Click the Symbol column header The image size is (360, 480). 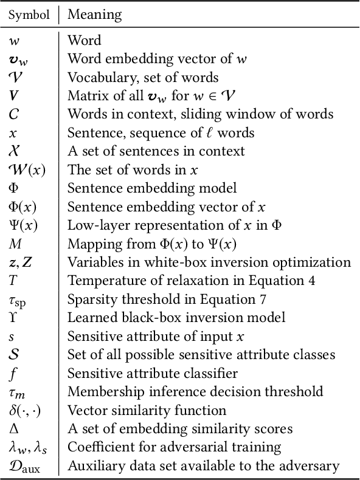point(29,14)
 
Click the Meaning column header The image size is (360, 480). point(94,14)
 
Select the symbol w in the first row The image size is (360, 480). point(13,41)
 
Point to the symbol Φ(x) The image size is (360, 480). point(22,207)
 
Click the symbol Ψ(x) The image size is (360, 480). point(22,225)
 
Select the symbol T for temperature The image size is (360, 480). point(13,280)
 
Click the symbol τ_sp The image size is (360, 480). point(18,300)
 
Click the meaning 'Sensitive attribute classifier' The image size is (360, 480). point(152,373)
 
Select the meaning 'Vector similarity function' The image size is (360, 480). point(147,410)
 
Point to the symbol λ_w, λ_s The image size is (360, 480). point(27,448)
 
